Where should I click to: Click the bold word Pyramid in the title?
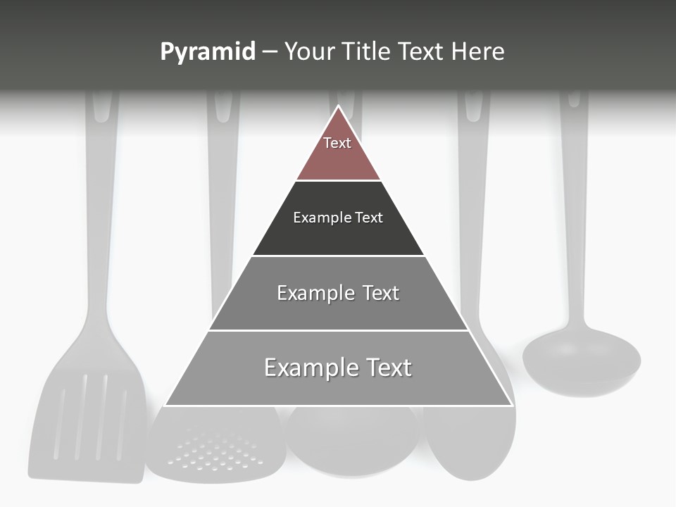[x=208, y=52]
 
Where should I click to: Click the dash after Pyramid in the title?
[x=270, y=52]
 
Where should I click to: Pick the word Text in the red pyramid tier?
[x=337, y=143]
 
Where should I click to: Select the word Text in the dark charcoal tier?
[x=370, y=218]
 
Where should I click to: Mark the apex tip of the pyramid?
[x=339, y=106]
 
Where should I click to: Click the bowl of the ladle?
[x=582, y=361]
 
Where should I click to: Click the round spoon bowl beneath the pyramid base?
[x=352, y=440]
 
